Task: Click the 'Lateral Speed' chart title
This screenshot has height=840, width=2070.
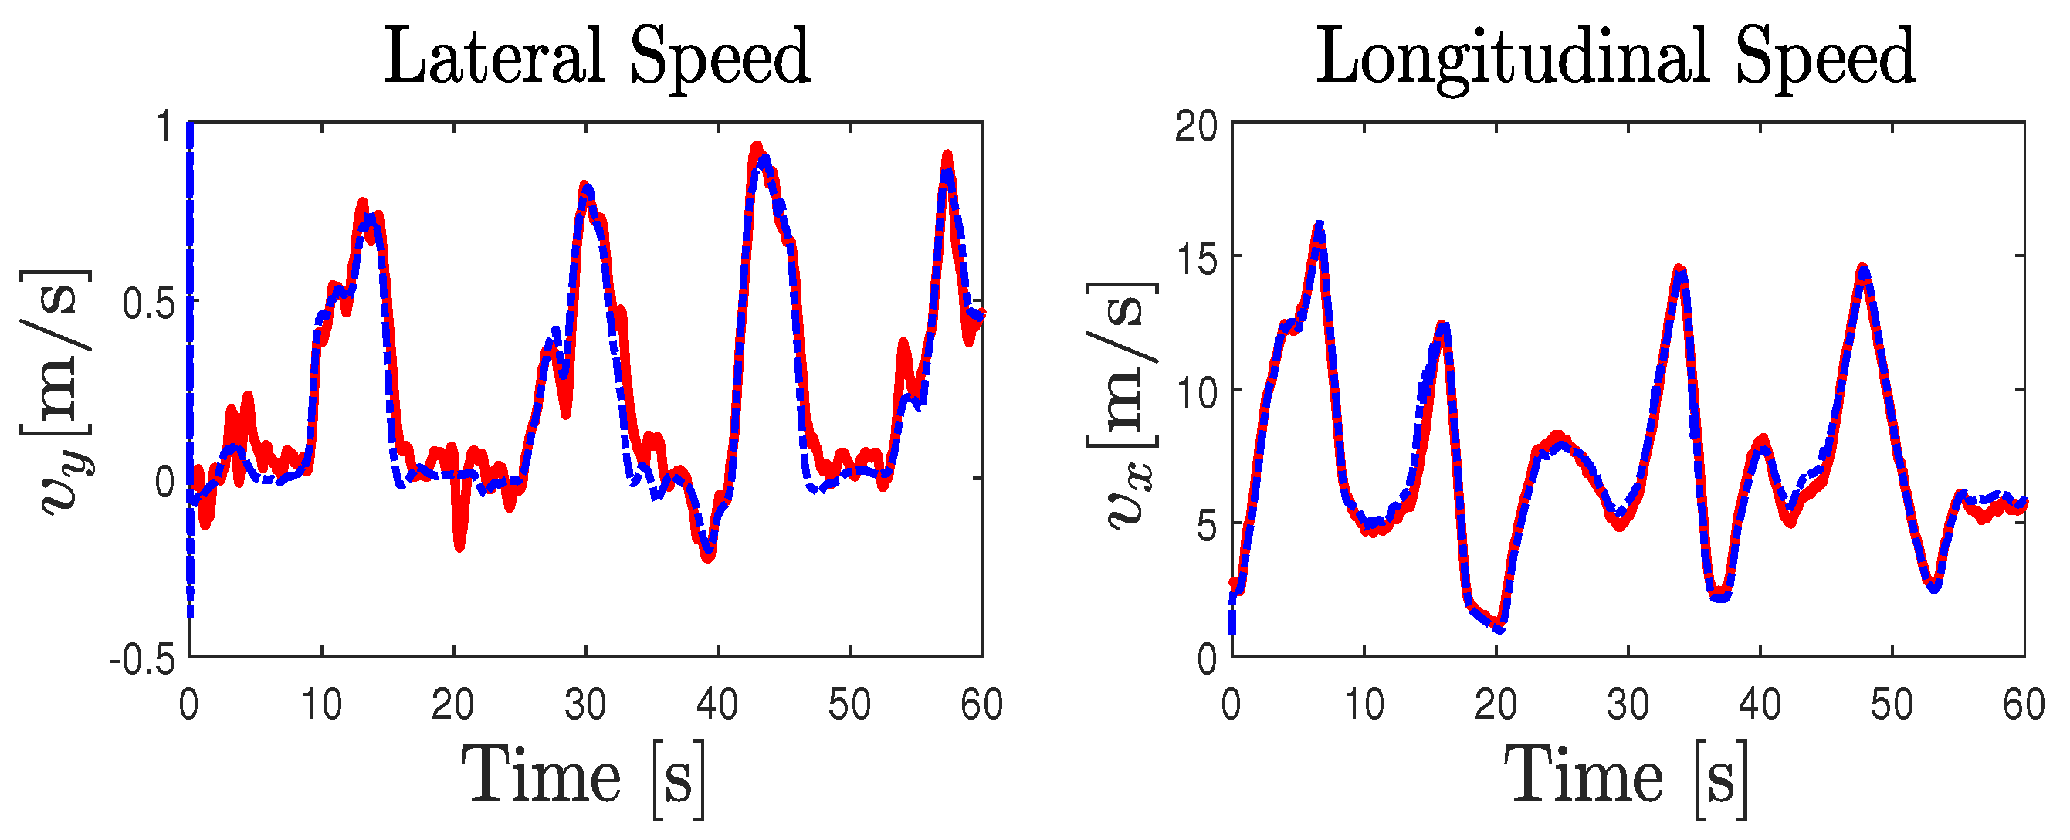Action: [597, 56]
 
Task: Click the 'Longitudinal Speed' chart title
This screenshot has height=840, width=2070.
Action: [1615, 56]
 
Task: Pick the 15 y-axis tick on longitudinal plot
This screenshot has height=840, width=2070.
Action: [1196, 259]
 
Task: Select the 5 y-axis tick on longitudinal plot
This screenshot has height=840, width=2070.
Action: [1207, 527]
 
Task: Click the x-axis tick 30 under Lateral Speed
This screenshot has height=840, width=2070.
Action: [585, 706]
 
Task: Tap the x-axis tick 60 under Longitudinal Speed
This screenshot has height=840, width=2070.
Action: [2023, 706]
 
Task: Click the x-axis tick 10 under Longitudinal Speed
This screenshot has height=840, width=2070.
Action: [1364, 706]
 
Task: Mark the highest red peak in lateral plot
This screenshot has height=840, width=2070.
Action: [756, 147]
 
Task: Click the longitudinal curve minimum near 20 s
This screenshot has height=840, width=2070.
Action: [1499, 626]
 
